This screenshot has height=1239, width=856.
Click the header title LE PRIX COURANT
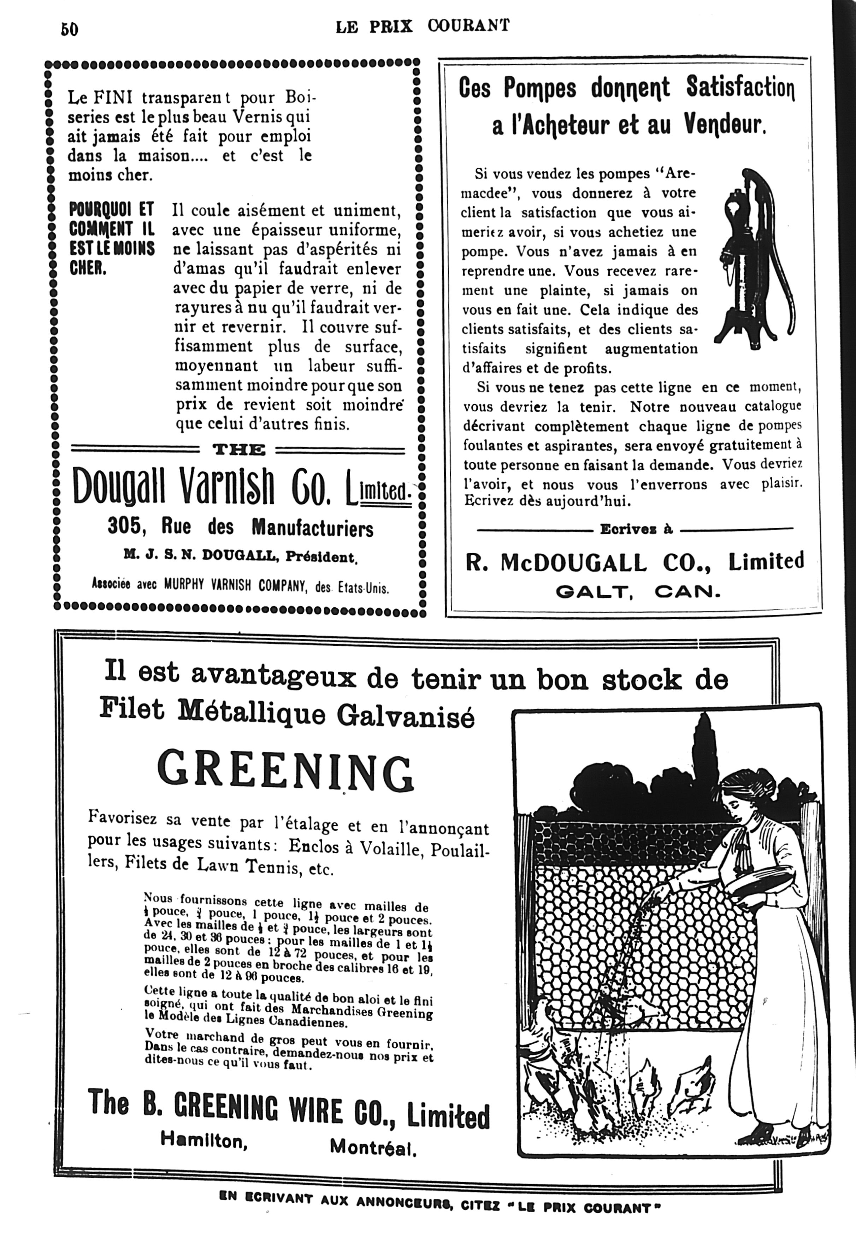423,26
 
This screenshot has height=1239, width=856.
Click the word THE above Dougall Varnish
239,449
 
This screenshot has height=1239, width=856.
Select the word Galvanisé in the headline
406,716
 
